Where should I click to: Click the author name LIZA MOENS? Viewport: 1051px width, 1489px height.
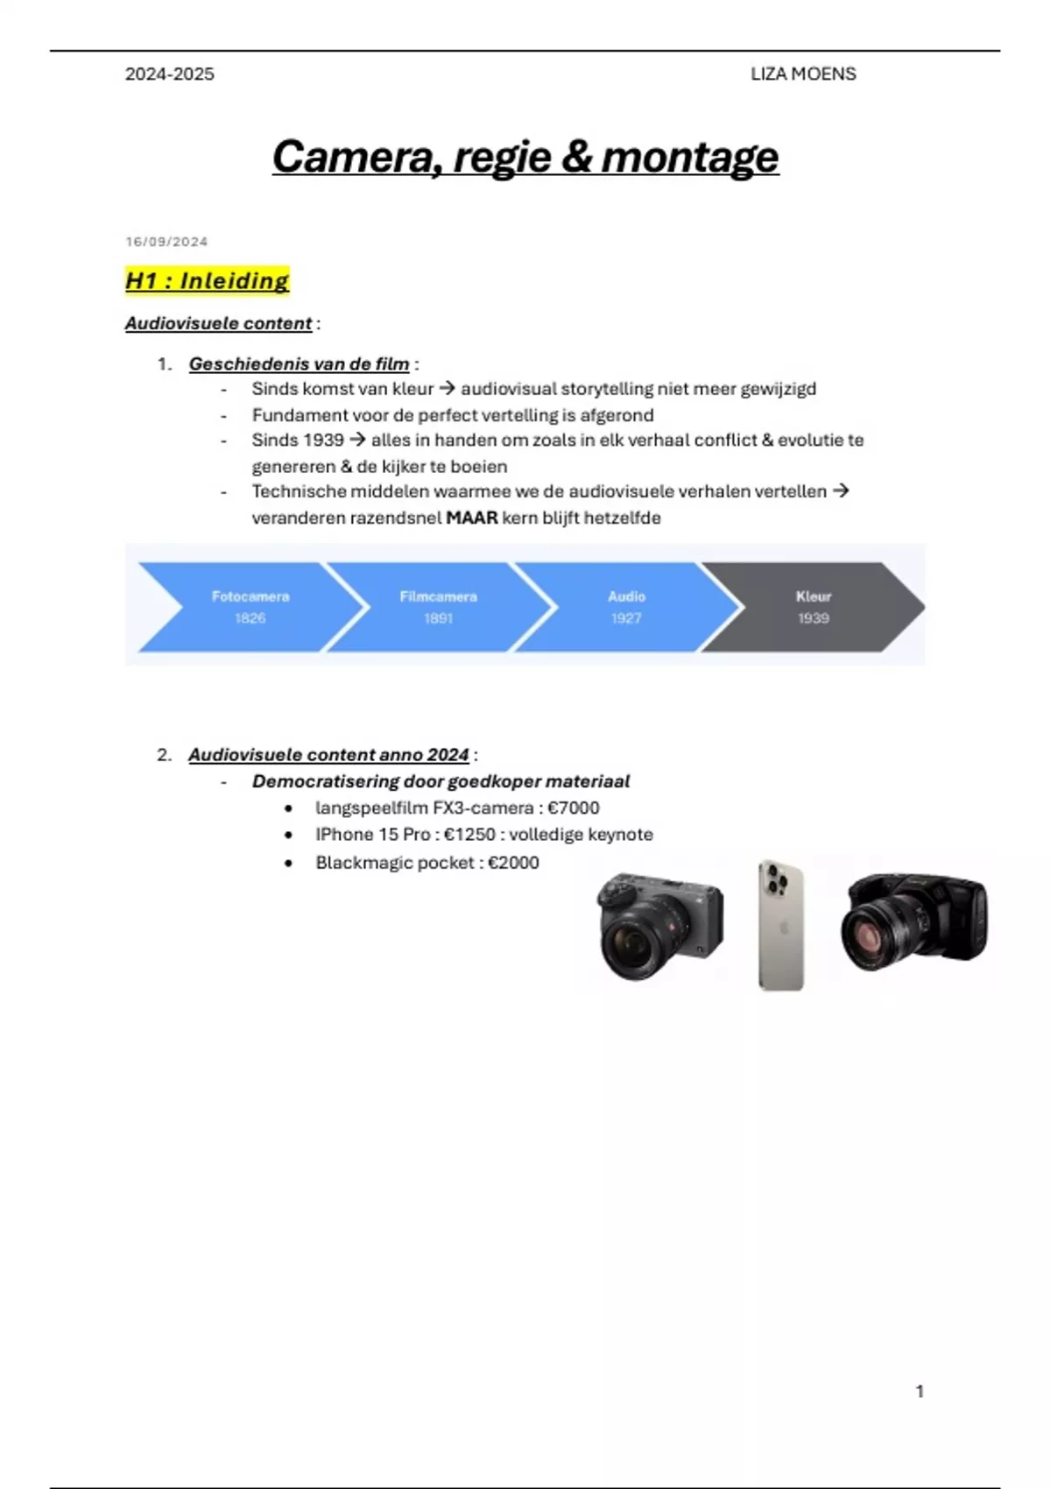(802, 74)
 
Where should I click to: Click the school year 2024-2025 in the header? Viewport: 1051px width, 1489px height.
(170, 74)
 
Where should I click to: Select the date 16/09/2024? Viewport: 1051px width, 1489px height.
(167, 241)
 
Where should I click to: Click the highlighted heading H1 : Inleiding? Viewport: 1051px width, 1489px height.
(208, 280)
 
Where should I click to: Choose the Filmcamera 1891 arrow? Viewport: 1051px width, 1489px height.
(439, 606)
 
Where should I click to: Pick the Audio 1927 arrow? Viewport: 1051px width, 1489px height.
(626, 606)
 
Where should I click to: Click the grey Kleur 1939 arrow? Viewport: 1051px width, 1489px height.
(814, 606)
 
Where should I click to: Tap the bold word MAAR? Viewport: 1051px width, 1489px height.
(472, 518)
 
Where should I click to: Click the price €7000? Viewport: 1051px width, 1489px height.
(574, 808)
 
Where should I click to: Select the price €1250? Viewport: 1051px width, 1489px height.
(470, 834)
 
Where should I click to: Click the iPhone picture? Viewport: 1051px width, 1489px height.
(781, 925)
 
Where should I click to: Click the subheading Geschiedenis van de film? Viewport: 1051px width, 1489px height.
(300, 364)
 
